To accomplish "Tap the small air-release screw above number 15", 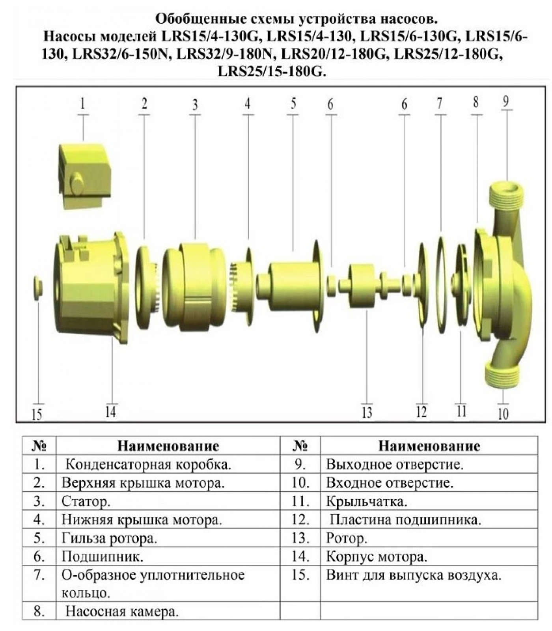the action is (x=38, y=288).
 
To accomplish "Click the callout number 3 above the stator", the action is (x=195, y=105).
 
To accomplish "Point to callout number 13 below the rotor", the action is (x=367, y=413).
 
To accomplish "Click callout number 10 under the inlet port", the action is (x=503, y=414).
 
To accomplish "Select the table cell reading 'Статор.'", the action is (x=86, y=501).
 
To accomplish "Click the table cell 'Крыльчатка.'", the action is (x=367, y=502).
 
